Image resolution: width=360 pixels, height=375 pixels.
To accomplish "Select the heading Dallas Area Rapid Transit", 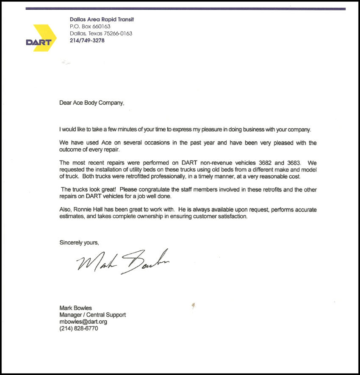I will point(102,19).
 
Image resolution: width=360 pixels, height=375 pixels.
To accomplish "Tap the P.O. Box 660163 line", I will point(90,27).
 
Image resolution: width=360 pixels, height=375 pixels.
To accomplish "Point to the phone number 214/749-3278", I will point(87,41).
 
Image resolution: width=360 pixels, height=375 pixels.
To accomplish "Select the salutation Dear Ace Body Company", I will point(92,102).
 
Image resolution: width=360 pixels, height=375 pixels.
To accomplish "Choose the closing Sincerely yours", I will point(79,243).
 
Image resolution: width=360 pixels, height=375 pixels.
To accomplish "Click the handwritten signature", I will point(123,262).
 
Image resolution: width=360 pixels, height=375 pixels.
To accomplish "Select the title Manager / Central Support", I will point(92,315).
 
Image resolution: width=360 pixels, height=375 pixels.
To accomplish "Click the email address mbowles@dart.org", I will point(83,322).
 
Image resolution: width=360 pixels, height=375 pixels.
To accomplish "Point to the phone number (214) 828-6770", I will point(78,328).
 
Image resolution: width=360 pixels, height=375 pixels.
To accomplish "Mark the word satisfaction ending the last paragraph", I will point(231,217).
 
